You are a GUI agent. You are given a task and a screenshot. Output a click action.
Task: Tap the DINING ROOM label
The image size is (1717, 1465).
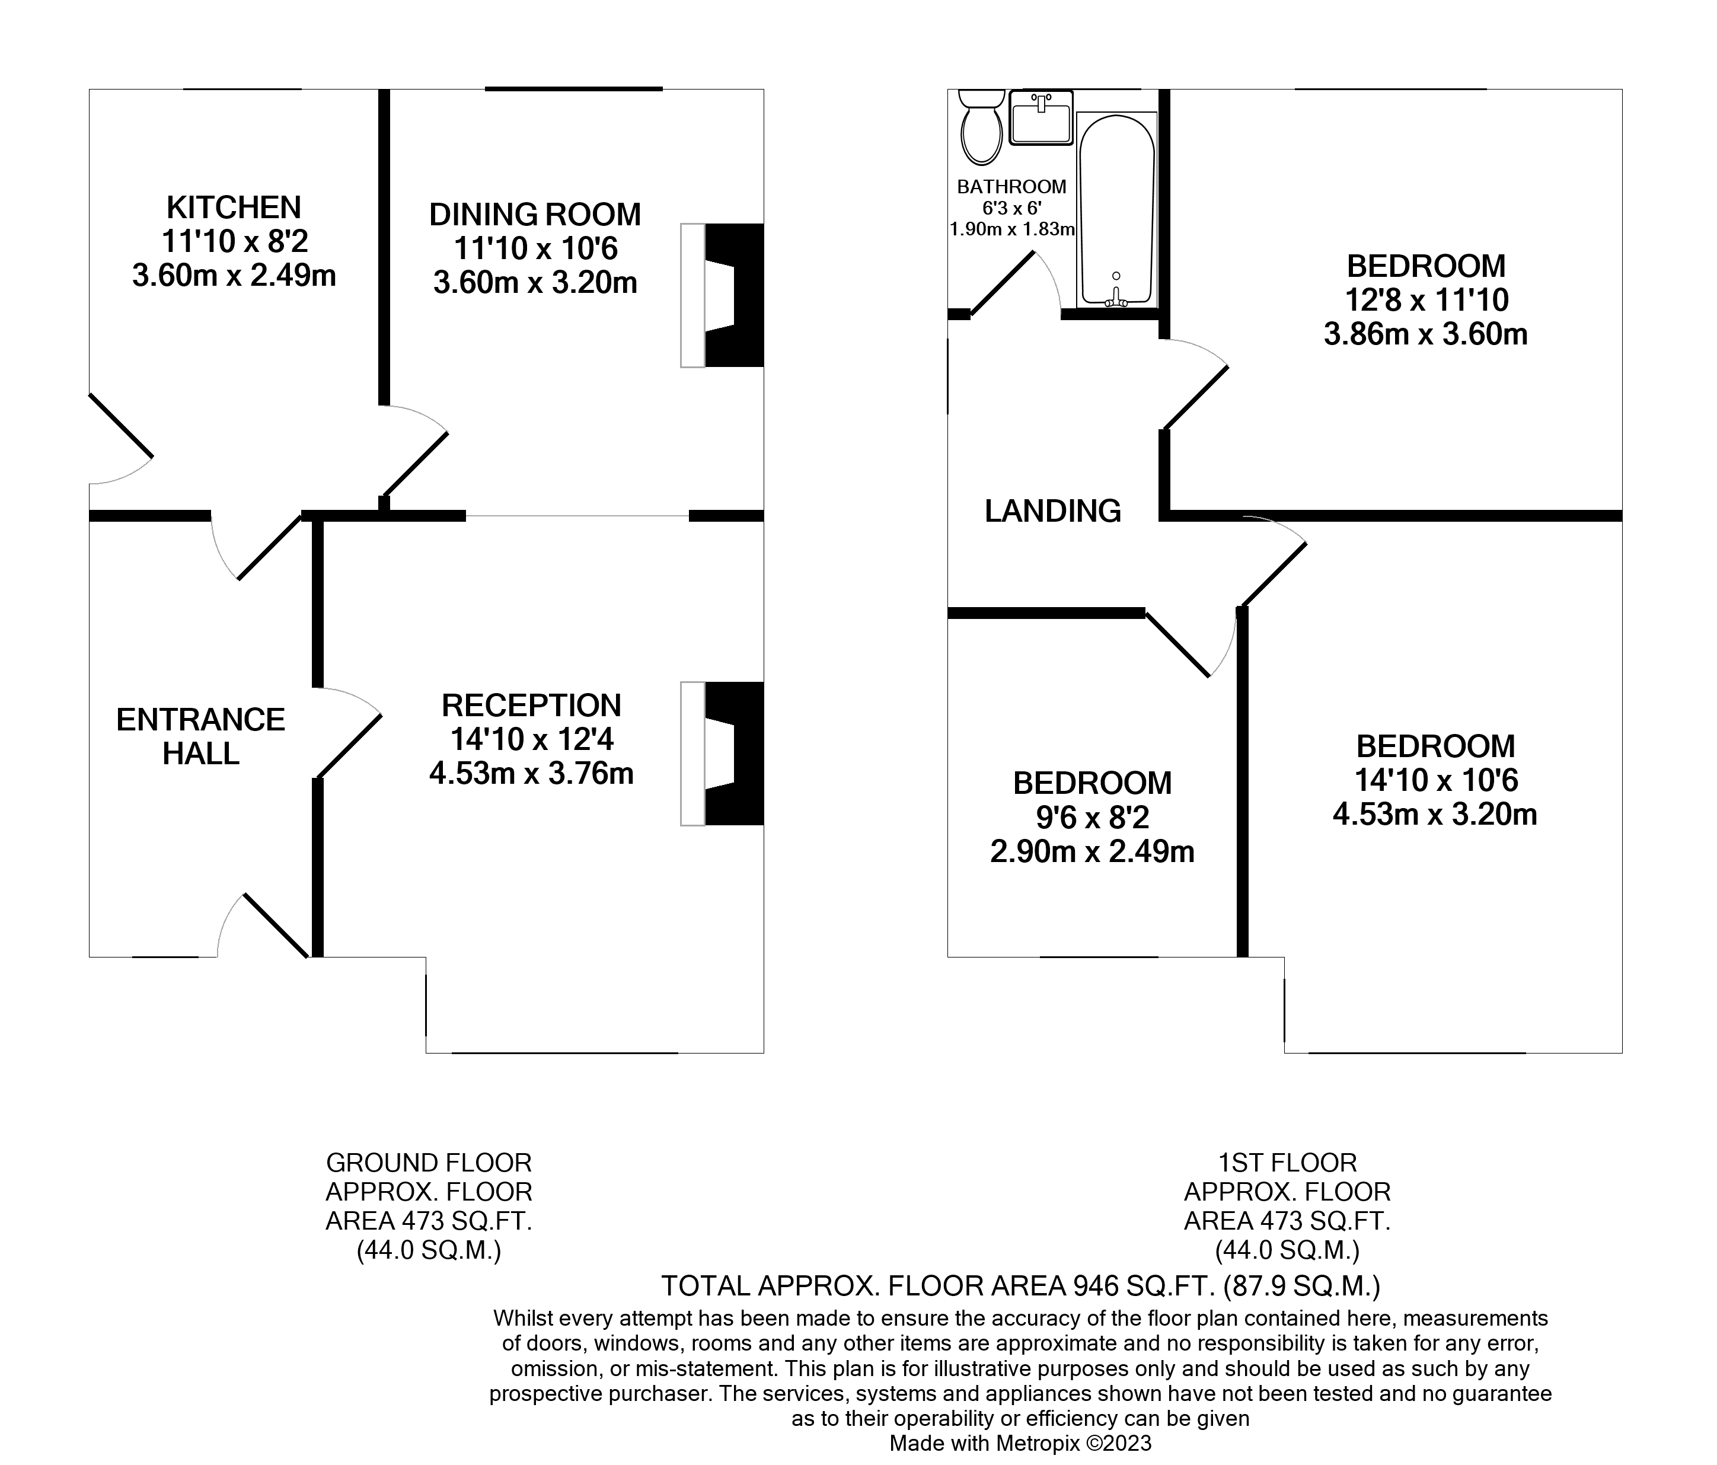(x=535, y=215)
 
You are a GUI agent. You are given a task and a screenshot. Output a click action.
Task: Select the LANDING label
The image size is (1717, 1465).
(x=1052, y=511)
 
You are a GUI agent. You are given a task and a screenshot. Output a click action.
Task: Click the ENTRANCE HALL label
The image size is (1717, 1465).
(x=200, y=736)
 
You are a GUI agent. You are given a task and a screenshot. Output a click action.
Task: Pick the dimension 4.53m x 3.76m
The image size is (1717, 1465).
(x=531, y=774)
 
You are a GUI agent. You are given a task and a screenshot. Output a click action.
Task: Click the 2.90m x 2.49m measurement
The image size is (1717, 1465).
(x=1092, y=852)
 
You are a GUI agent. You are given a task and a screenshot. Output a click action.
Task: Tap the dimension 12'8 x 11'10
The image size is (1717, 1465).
(x=1425, y=300)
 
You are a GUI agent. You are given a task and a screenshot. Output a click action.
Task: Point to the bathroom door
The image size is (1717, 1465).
(x=1003, y=284)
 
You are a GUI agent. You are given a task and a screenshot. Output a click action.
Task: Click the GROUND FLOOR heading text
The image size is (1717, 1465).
(x=429, y=1163)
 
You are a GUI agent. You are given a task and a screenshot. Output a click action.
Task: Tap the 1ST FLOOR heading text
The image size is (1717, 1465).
(x=1287, y=1163)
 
